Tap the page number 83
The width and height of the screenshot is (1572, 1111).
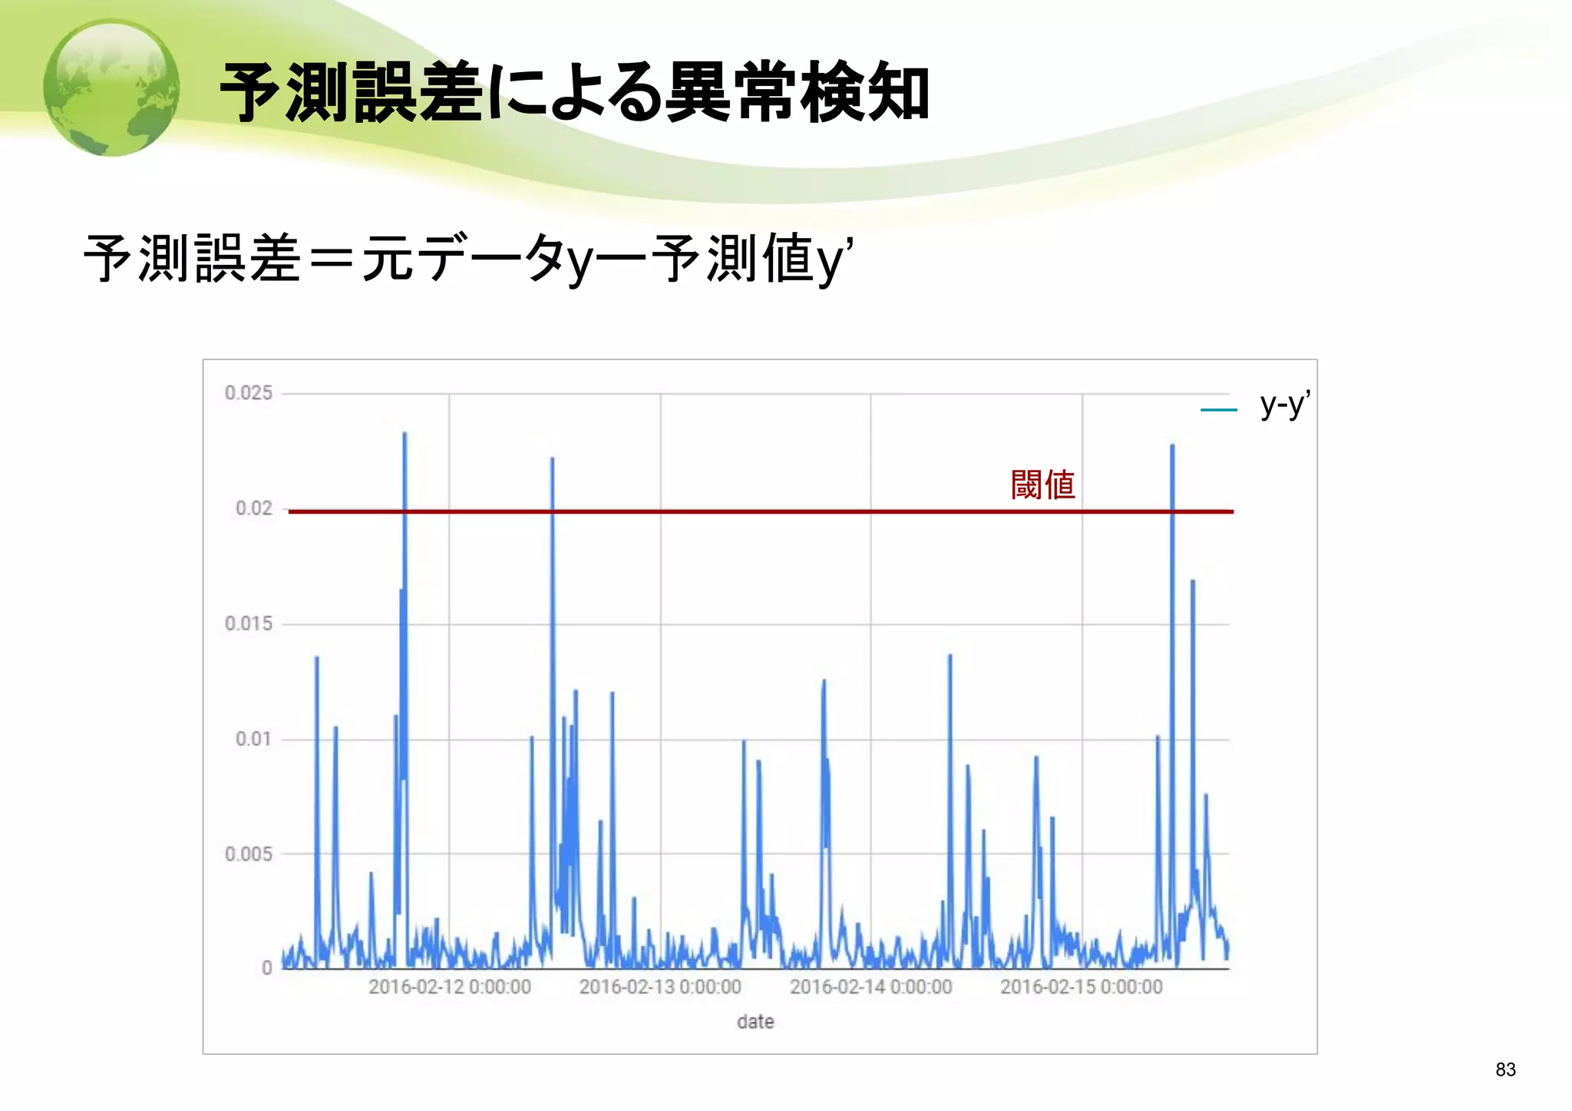coord(1505,1070)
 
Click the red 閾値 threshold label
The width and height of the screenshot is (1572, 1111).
coord(1042,485)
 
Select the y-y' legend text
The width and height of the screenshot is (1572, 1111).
coord(1285,404)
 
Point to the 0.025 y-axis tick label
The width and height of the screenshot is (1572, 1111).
coord(249,393)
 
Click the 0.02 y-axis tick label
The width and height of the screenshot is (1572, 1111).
coord(254,508)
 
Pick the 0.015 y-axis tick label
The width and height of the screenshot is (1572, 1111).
coord(249,623)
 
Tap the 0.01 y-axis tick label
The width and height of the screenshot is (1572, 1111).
coord(254,739)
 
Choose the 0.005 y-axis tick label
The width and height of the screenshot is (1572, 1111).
coord(249,854)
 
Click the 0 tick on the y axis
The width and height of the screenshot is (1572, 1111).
coord(266,968)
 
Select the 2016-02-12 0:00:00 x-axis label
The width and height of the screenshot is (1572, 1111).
coord(450,987)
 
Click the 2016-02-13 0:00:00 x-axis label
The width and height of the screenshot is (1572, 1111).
coord(660,987)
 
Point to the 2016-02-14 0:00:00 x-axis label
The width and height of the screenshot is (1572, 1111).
coord(871,987)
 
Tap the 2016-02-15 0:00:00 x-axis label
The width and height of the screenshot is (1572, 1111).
coord(1082,987)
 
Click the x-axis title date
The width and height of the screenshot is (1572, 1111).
coord(755,1022)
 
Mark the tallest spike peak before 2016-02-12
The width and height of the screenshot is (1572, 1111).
coord(405,435)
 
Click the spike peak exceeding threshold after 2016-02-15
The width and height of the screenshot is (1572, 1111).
coord(1172,446)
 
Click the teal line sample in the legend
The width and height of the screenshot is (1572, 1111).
coord(1219,410)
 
